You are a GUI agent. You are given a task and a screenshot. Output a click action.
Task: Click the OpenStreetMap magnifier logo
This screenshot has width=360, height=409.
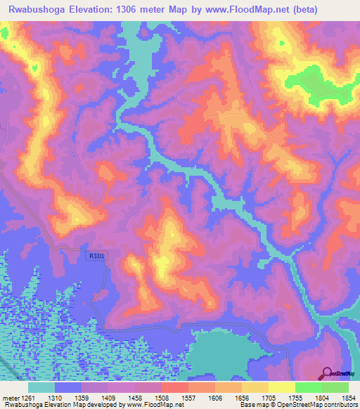327,373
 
